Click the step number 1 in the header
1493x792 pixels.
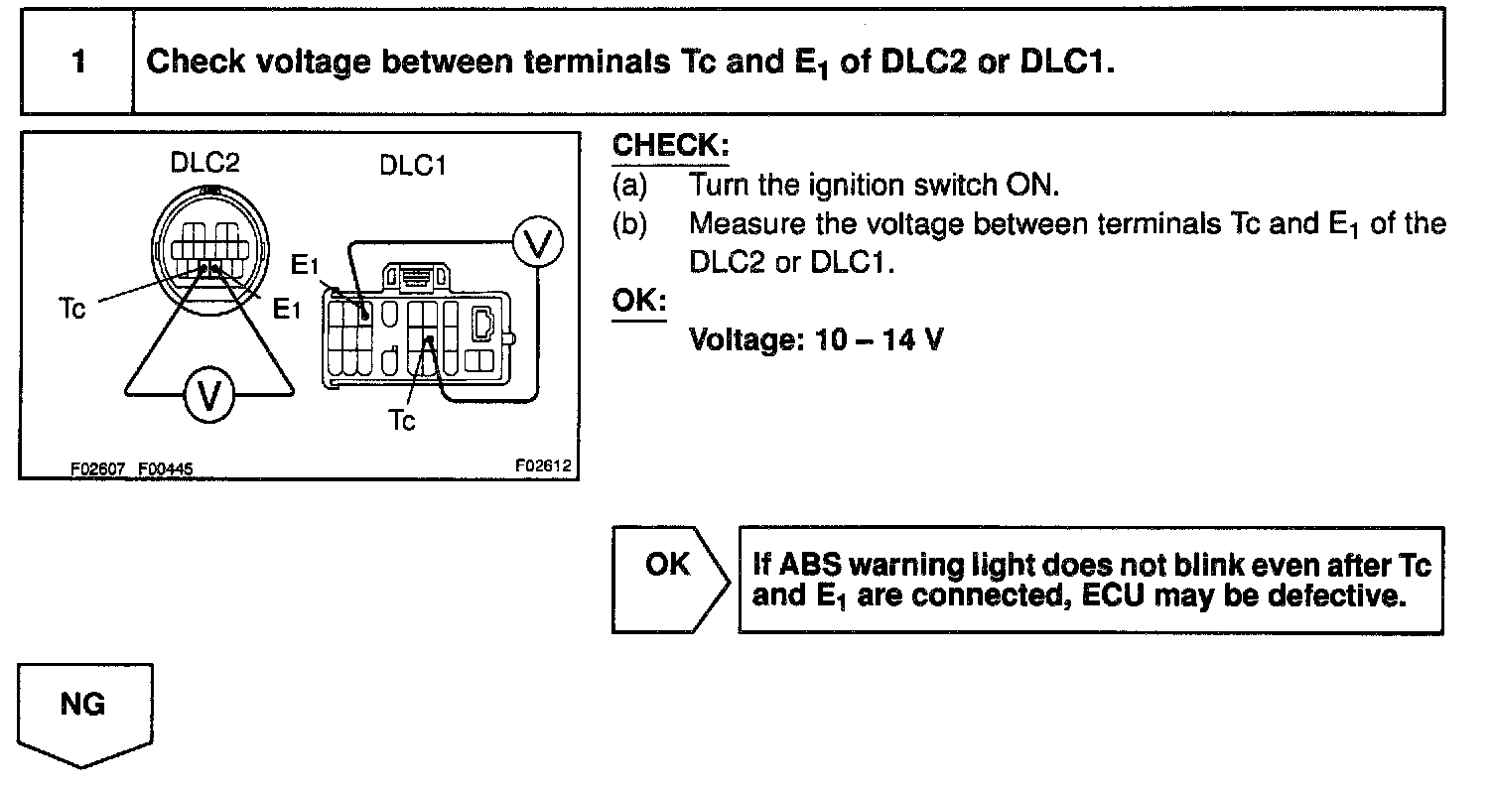point(77,63)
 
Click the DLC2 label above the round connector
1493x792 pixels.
point(205,162)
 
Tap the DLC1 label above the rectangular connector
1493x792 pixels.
point(413,166)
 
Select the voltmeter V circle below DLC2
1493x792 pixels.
point(208,396)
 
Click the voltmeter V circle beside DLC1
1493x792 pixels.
point(537,244)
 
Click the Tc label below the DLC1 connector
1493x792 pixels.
point(402,421)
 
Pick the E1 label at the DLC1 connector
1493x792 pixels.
point(305,266)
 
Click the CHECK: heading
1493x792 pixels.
point(670,146)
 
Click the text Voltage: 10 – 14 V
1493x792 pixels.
point(816,339)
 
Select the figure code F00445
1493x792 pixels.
point(165,467)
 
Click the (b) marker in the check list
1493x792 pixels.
point(629,224)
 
